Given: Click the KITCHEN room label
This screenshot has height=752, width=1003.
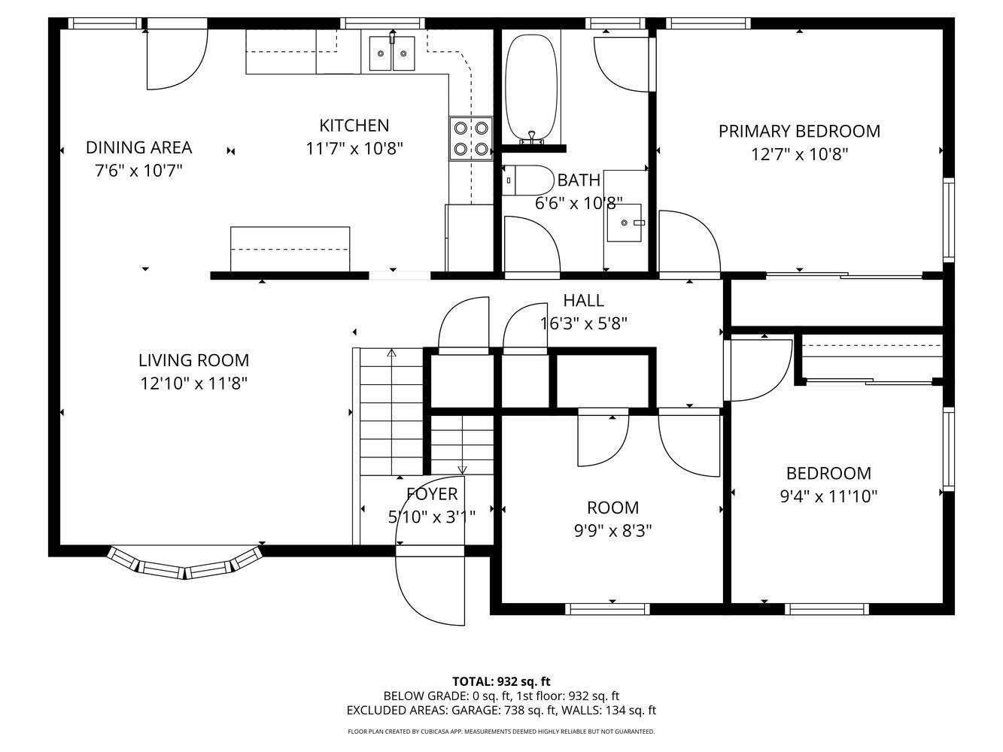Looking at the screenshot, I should pyautogui.click(x=354, y=126).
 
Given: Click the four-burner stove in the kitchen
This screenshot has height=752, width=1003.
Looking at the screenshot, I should pyautogui.click(x=471, y=138).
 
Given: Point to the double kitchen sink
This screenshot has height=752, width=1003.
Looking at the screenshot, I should pyautogui.click(x=392, y=53).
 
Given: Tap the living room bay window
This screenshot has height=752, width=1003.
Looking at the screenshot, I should pyautogui.click(x=185, y=564).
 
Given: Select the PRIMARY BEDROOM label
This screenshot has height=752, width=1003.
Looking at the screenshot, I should pyautogui.click(x=799, y=131).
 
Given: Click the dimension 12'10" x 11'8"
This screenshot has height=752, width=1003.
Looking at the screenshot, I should pyautogui.click(x=193, y=384).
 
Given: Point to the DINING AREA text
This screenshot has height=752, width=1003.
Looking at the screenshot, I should pyautogui.click(x=138, y=147).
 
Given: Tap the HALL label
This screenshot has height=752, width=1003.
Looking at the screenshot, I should pyautogui.click(x=583, y=301).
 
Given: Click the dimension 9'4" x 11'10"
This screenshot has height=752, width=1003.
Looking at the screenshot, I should pyautogui.click(x=828, y=496).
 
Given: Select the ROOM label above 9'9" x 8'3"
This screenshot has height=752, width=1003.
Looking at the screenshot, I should pyautogui.click(x=612, y=508).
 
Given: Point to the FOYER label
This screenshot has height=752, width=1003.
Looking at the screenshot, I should pyautogui.click(x=432, y=494).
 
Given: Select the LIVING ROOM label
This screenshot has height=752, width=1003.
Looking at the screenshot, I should pyautogui.click(x=193, y=360).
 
